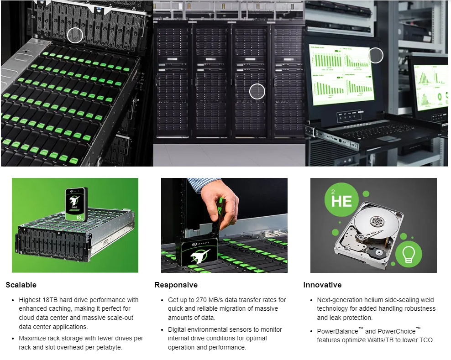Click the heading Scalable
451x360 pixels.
[21, 285]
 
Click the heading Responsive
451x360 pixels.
[176, 285]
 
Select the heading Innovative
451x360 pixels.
[322, 285]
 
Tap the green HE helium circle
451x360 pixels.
[342, 200]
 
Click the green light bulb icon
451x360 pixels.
[409, 254]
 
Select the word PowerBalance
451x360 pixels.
[337, 331]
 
